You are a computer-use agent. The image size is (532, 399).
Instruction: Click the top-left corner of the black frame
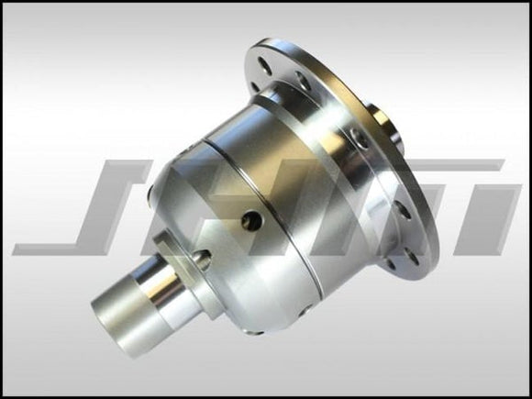coord(3,3)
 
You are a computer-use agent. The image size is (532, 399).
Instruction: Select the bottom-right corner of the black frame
coord(528,395)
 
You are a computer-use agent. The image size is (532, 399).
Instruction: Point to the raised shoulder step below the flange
coord(303,105)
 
